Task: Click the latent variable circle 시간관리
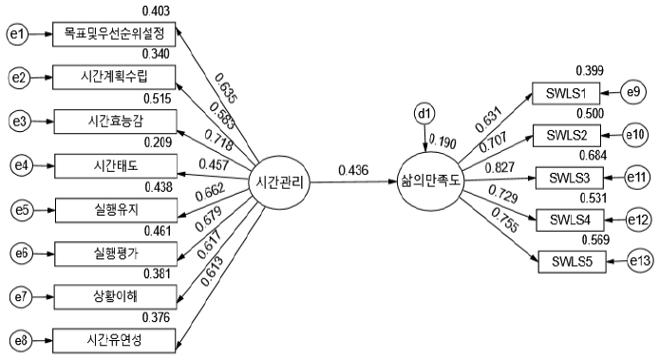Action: (x=279, y=183)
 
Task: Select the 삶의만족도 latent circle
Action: (x=430, y=181)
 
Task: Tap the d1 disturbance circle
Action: (x=424, y=114)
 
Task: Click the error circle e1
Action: (x=17, y=34)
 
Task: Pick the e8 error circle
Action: (x=20, y=340)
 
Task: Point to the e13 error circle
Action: (x=640, y=261)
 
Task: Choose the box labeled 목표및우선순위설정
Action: (x=114, y=34)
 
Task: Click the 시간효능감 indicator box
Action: (x=116, y=122)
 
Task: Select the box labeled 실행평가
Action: (x=116, y=254)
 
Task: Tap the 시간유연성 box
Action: (x=114, y=340)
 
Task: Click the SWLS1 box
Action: (x=566, y=93)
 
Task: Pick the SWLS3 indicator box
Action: (x=570, y=178)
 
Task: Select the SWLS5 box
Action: (x=572, y=262)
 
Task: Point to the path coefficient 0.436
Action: (x=353, y=170)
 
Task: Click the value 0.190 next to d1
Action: (x=442, y=142)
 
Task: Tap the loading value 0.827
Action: (x=499, y=167)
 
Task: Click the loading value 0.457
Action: (x=214, y=164)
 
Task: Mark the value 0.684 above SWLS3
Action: (x=593, y=156)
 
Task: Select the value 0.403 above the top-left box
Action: (x=156, y=11)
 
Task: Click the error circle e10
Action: (x=634, y=135)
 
